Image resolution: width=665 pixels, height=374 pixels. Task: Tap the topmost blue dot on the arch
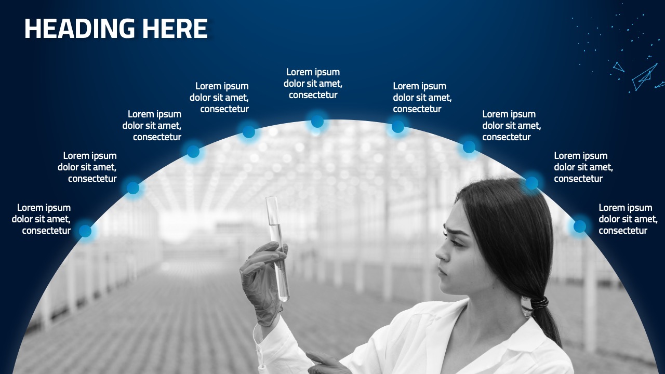pos(317,122)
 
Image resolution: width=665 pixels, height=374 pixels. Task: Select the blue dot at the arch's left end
pos(85,231)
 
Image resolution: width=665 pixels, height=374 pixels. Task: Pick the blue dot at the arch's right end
pos(579,226)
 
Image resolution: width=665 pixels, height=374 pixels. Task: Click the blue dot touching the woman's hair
pos(531,183)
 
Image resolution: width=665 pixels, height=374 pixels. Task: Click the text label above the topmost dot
pos(313,84)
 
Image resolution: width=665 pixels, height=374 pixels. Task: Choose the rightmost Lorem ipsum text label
pos(628,219)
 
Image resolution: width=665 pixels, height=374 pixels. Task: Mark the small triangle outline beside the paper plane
pos(618,66)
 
